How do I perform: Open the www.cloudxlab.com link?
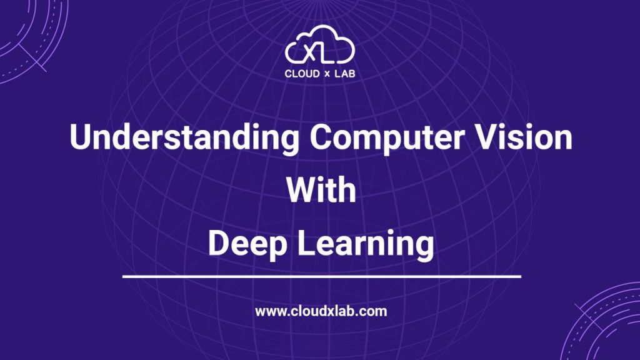pyautogui.click(x=321, y=311)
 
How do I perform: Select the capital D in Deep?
pyautogui.click(x=218, y=244)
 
